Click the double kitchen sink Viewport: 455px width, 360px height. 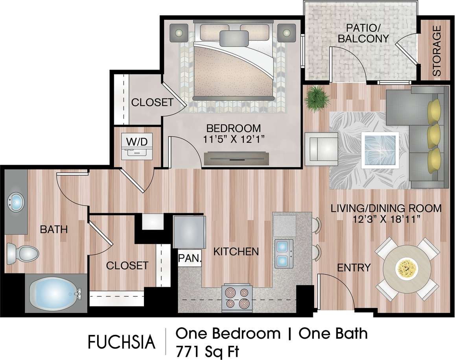pos(284,253)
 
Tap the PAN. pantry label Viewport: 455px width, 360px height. pos(190,259)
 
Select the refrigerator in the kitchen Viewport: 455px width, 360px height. pos(190,232)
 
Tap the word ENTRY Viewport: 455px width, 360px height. pos(354,268)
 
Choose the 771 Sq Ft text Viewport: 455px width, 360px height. pos(207,350)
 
